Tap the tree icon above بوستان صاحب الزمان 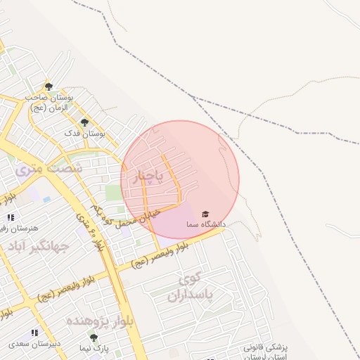(48, 85)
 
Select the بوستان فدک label (84, 133)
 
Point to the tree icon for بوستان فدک (84, 122)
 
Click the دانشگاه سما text (205, 224)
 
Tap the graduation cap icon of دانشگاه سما (205, 214)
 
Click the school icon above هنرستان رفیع (10, 217)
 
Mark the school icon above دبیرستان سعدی (34, 333)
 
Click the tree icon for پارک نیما (94, 337)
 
